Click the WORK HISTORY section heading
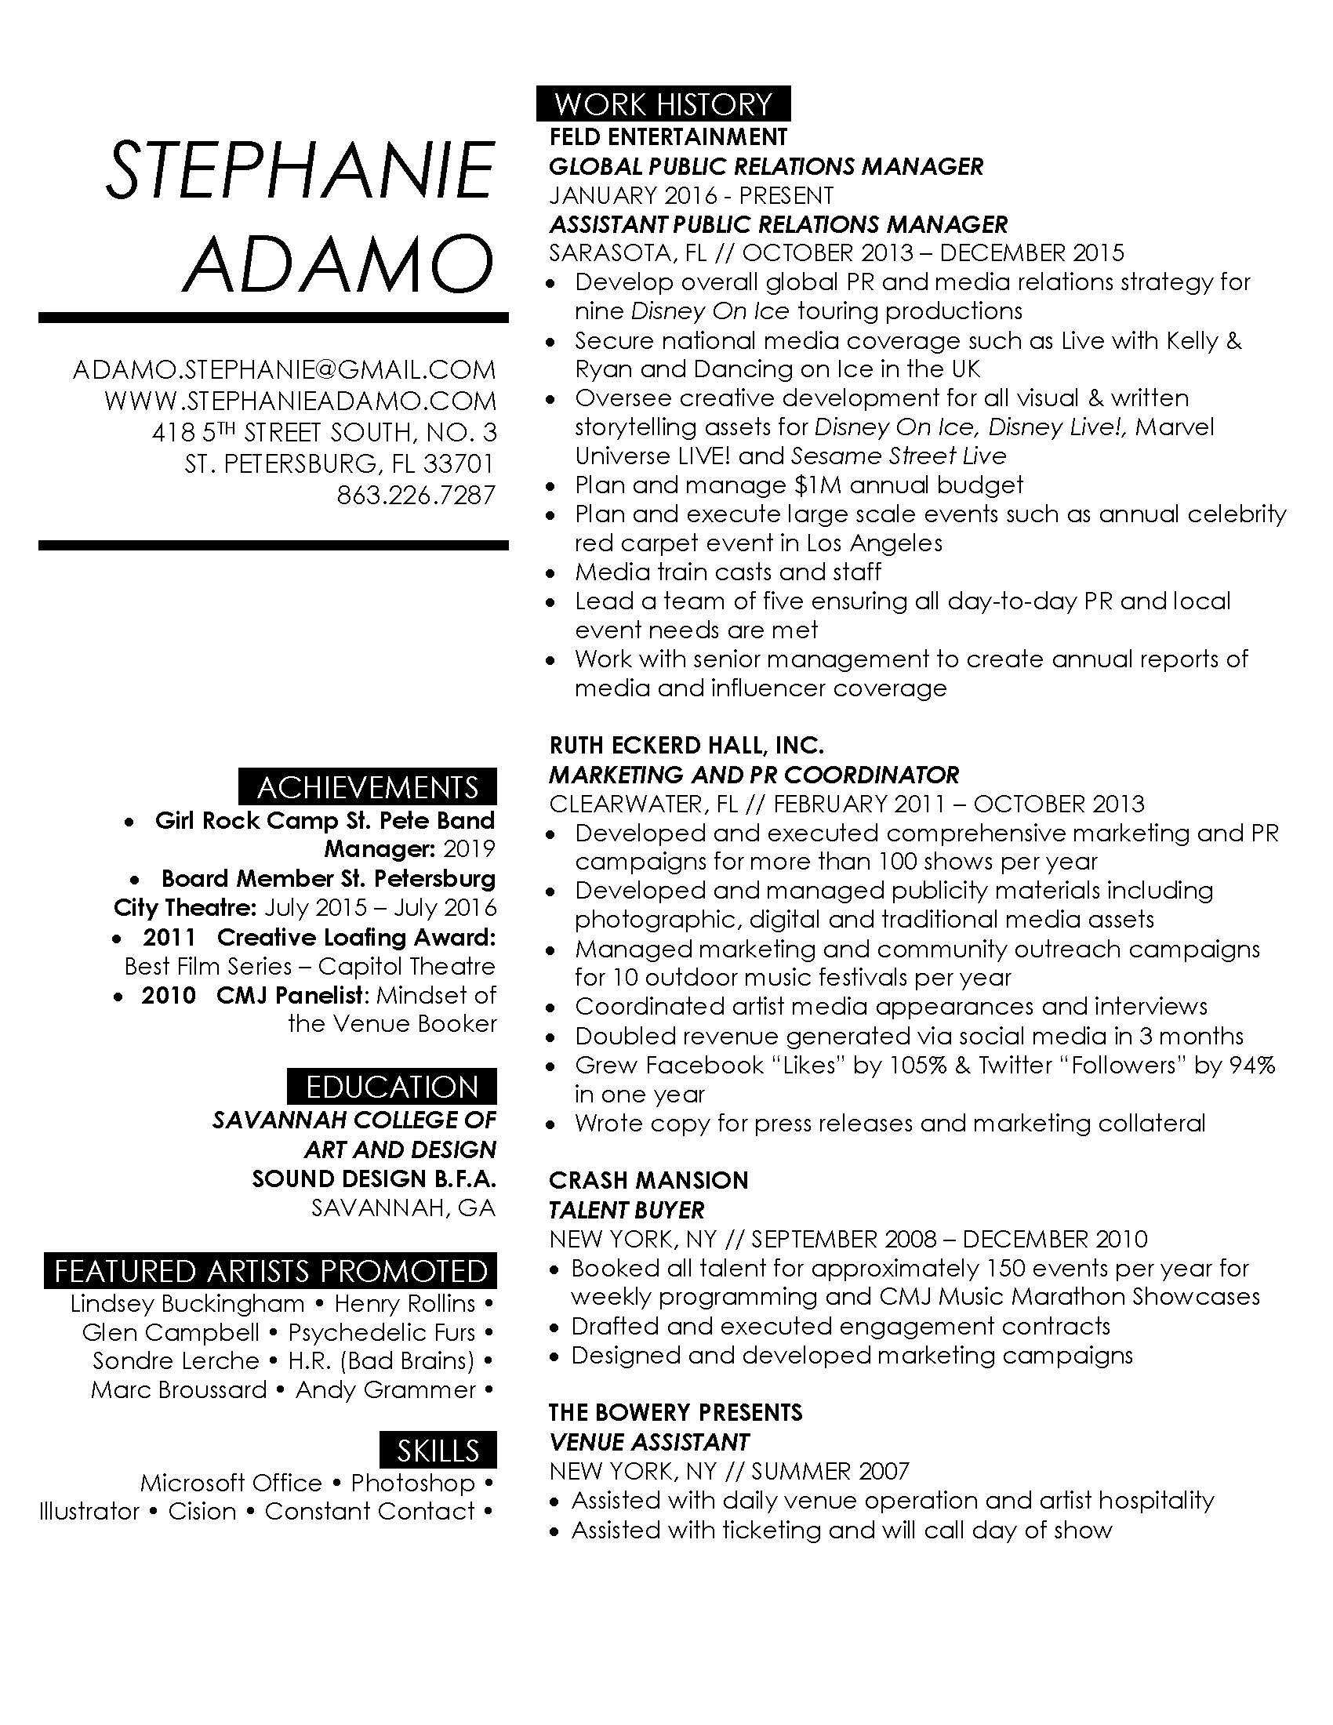coord(663,103)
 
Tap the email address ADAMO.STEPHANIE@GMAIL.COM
coord(285,369)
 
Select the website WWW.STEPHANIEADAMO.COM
coord(300,401)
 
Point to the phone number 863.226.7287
coord(416,496)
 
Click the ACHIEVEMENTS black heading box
coord(368,787)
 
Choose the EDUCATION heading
coord(392,1087)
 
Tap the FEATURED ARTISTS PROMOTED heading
coord(271,1271)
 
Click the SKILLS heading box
coord(438,1450)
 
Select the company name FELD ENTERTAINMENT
coord(668,136)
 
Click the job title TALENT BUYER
coord(627,1209)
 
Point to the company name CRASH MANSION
coord(648,1180)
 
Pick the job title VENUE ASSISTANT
coord(648,1441)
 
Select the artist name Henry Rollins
coord(405,1303)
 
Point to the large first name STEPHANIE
coord(300,171)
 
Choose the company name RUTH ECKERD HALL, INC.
coord(686,745)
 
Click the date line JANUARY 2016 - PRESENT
coord(692,195)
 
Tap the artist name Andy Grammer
coord(385,1389)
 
